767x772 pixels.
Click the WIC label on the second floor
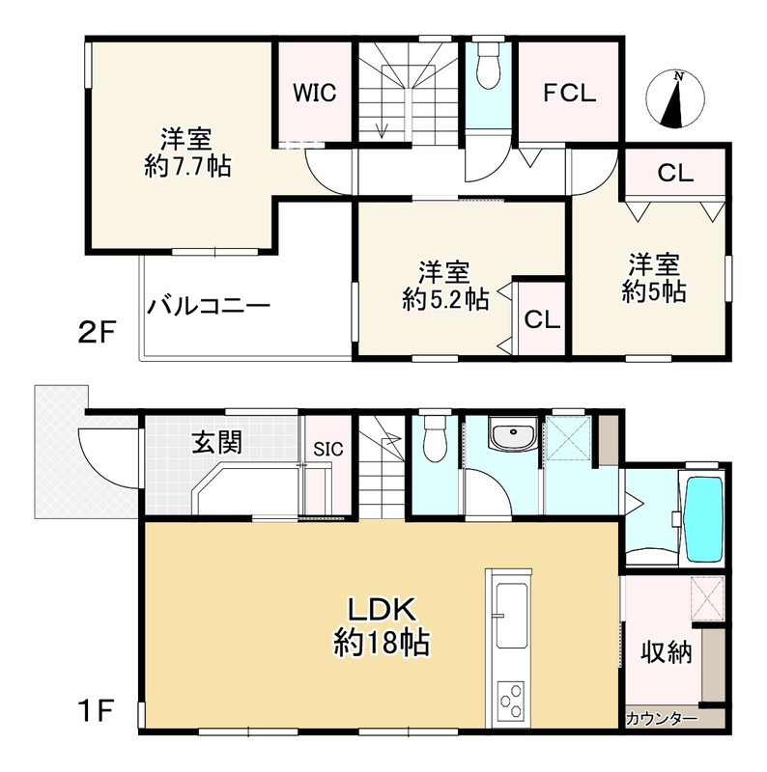coord(315,93)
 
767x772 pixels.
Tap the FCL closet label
coord(569,93)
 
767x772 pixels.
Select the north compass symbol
coord(675,99)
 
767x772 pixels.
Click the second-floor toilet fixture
coord(488,65)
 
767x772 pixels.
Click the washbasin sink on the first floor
coord(513,434)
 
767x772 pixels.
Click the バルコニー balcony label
coord(209,306)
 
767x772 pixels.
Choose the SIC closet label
coord(328,449)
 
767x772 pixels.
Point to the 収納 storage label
coord(667,653)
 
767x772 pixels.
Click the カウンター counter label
coord(662,719)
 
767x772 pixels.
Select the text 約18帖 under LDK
coord(382,642)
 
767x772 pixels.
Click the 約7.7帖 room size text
coord(187,166)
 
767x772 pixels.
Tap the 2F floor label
coord(97,332)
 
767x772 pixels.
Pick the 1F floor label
coord(97,710)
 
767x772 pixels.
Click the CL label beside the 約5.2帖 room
coord(542,319)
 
